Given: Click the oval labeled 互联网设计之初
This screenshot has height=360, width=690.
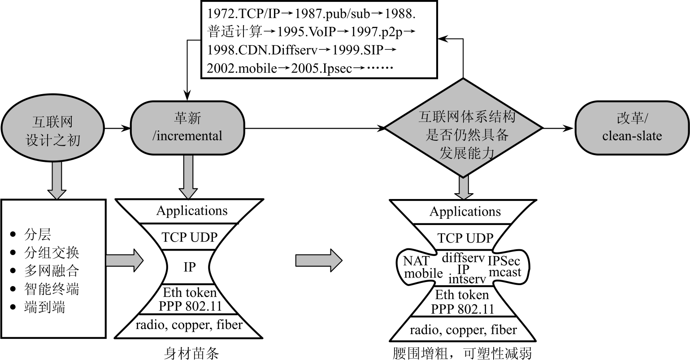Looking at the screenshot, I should pos(53,130).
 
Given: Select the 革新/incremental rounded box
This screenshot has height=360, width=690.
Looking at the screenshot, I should pos(187,127).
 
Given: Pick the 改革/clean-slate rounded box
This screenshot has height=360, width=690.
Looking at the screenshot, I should pos(632,127).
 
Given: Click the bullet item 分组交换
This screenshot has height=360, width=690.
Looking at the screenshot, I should pos(52,252).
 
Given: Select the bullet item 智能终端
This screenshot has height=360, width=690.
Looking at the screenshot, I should pos(52,289).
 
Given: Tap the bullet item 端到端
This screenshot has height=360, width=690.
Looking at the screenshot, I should pos(44,307).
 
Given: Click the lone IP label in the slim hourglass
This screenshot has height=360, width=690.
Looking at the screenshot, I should pos(189,267).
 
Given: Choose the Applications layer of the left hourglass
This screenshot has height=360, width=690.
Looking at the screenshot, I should pos(192,211).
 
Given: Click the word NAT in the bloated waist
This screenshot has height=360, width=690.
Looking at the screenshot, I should pos(416,260).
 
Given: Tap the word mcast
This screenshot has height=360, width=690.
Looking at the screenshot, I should pos(505,272).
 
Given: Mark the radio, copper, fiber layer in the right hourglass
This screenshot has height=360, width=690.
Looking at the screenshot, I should pos(463,330).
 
